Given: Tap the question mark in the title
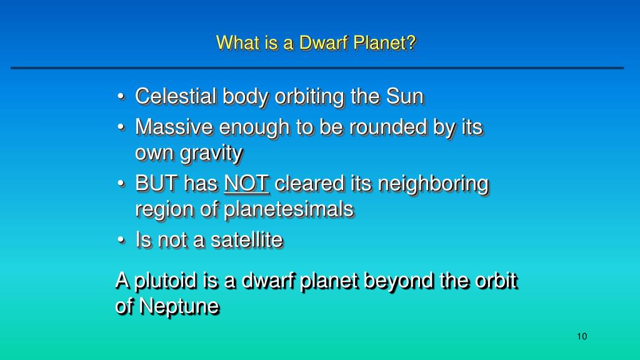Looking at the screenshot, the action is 411,42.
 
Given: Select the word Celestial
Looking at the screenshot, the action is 176,97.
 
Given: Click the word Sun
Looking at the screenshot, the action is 405,97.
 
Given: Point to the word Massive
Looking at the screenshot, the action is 174,127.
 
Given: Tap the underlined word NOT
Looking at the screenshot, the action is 246,183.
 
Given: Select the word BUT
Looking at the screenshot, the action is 157,183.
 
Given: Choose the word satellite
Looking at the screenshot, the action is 246,239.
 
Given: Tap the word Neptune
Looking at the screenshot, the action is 179,306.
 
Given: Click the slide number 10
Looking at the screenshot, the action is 582,336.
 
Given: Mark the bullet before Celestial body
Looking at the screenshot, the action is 121,97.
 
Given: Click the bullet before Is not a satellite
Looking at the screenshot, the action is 121,240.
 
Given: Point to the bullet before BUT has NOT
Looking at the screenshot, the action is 121,184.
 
